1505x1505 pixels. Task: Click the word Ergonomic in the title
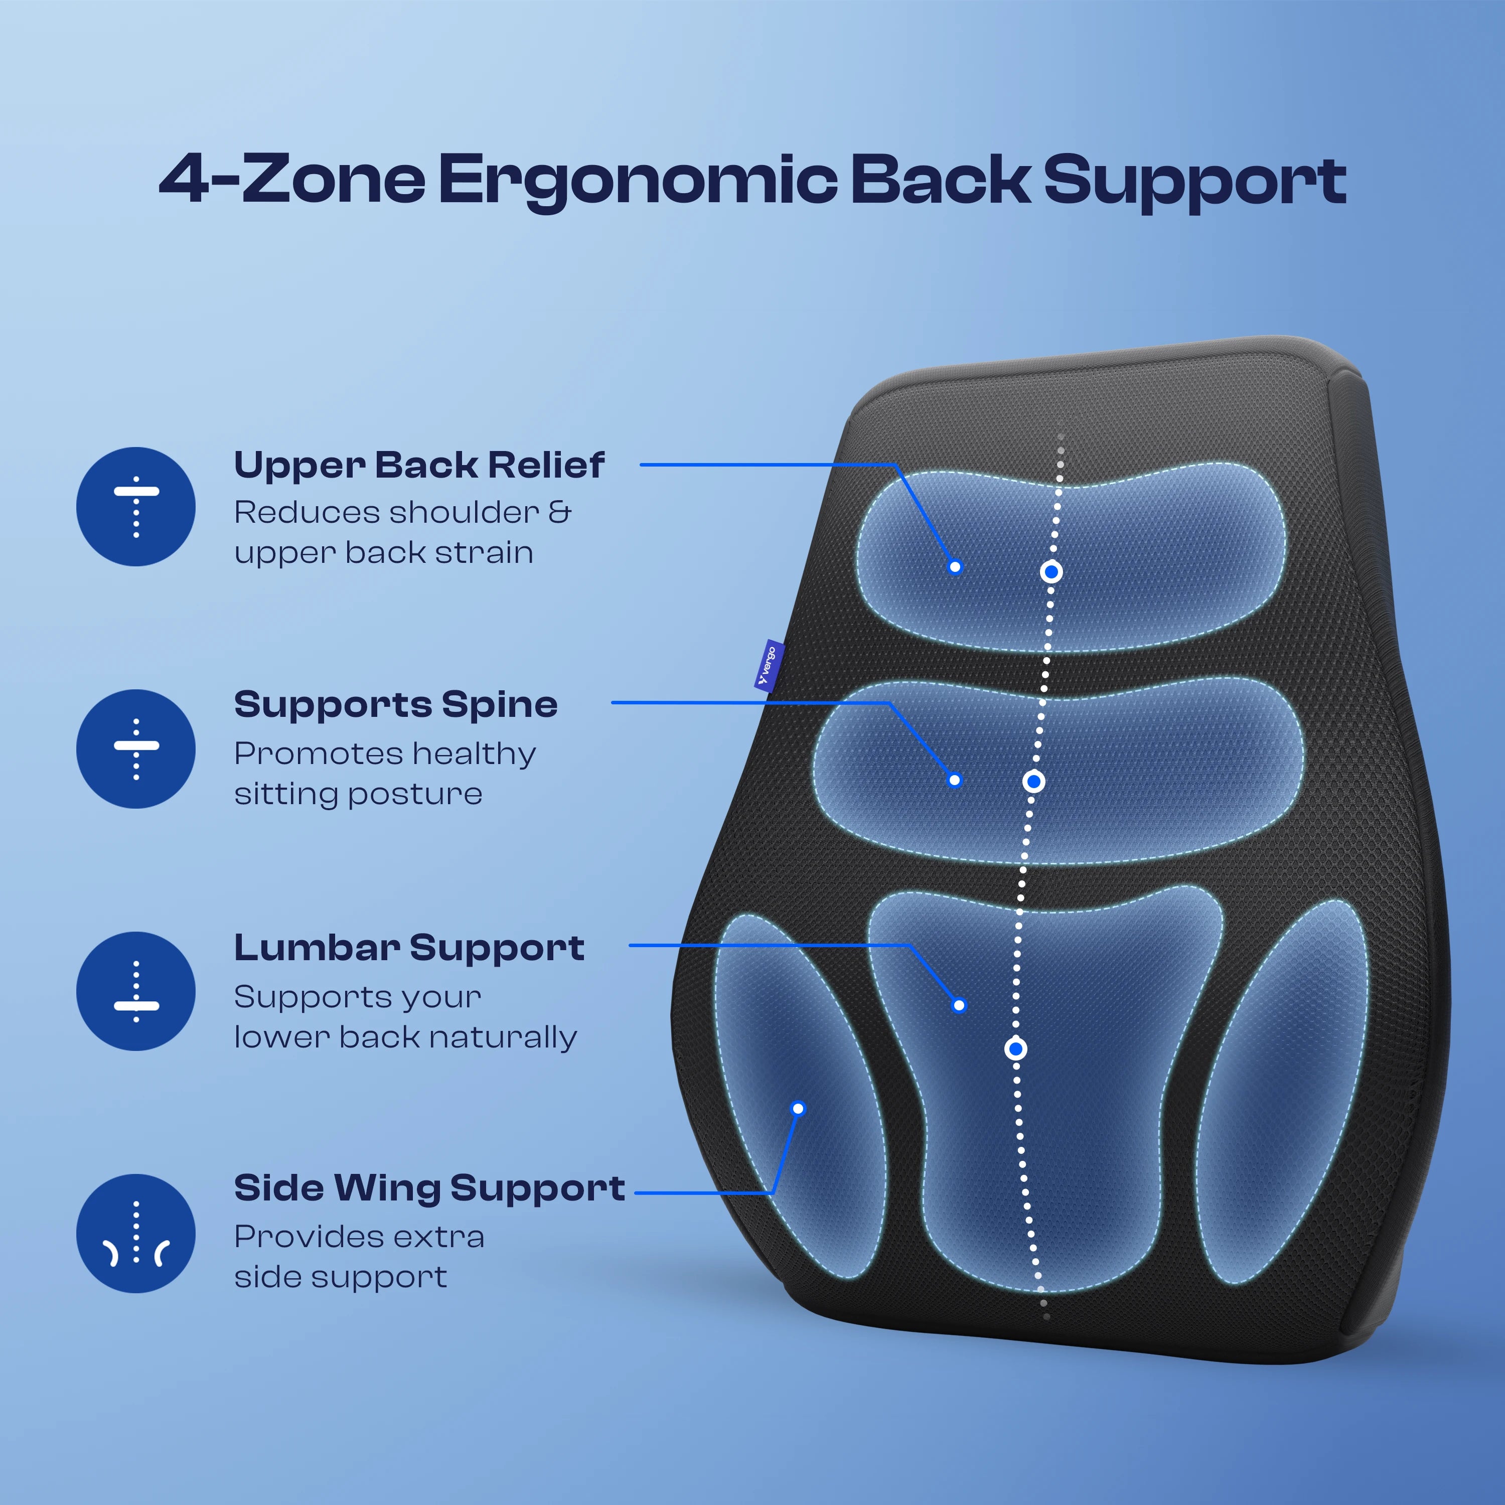pyautogui.click(x=638, y=181)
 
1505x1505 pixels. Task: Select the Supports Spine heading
pyautogui.click(x=396, y=705)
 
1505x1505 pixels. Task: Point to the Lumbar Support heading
pyautogui.click(x=409, y=948)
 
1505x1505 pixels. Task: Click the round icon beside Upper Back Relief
pyautogui.click(x=135, y=506)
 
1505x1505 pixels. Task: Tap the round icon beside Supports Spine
pyautogui.click(x=135, y=748)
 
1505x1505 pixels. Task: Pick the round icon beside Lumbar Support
pyautogui.click(x=135, y=991)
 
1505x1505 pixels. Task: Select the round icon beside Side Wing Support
pyautogui.click(x=135, y=1233)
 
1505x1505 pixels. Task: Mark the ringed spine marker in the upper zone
pyautogui.click(x=1051, y=572)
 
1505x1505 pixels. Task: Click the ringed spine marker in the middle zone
pyautogui.click(x=1034, y=781)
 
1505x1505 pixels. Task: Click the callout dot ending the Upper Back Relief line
pyautogui.click(x=955, y=567)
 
